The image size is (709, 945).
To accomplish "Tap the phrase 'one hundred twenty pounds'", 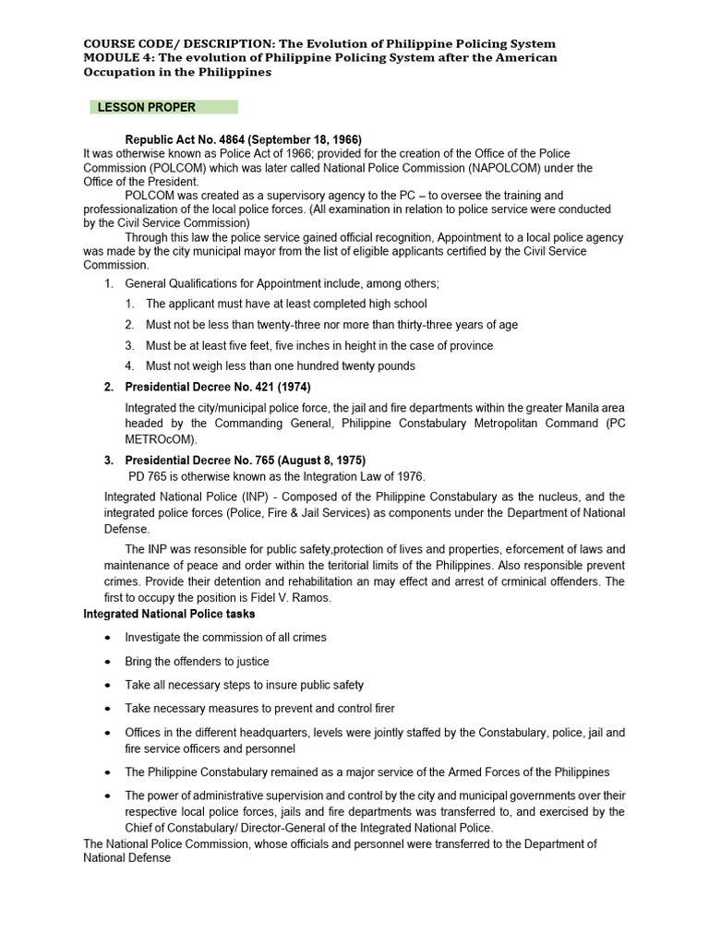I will pyautogui.click(x=346, y=365).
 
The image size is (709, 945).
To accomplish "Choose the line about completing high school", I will pyautogui.click(x=286, y=304).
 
